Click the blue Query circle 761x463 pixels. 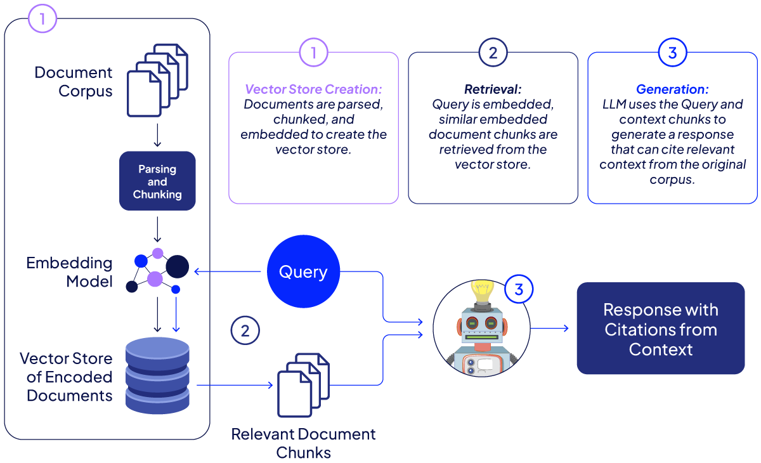[303, 272]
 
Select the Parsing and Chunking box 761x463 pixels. [157, 181]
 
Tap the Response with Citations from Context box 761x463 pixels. [660, 329]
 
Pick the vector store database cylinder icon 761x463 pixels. [157, 375]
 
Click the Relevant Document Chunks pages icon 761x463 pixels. [304, 385]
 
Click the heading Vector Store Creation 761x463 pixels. [313, 89]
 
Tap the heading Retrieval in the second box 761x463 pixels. [493, 89]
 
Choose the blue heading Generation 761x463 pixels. [672, 89]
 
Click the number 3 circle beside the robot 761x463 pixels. [519, 290]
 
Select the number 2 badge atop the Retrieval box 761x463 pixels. [493, 53]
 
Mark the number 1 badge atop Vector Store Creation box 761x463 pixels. [313, 53]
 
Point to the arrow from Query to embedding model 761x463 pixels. [228, 272]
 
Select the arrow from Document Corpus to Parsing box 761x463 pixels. [157, 135]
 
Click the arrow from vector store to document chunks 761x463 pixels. [235, 385]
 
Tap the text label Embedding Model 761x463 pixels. [69, 272]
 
